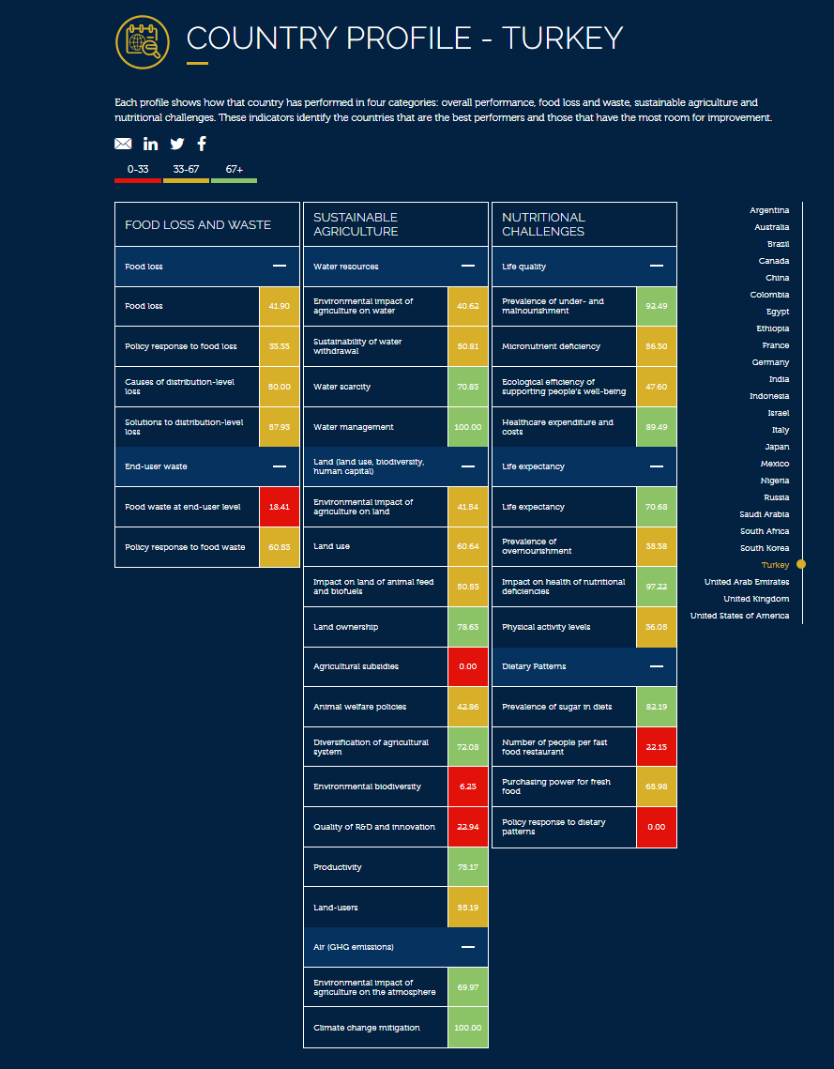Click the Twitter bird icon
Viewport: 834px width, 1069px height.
[177, 144]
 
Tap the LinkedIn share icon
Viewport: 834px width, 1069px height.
[151, 144]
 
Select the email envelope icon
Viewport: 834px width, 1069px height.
[123, 144]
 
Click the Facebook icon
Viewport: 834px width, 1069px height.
[202, 144]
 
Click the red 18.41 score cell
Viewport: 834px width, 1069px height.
[279, 507]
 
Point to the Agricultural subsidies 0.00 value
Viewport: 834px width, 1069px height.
[467, 666]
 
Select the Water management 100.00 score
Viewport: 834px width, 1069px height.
[467, 427]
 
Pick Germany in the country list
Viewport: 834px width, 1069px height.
[770, 362]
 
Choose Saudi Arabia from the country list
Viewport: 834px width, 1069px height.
[765, 514]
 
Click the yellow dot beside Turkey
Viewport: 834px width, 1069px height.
[801, 565]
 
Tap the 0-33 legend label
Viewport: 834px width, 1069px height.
[138, 170]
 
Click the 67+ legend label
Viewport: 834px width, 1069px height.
[234, 170]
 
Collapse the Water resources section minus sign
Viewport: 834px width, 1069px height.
[468, 267]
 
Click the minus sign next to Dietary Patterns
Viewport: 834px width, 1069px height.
[657, 666]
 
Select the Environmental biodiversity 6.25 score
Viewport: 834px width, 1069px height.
[467, 786]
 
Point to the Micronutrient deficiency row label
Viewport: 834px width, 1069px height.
[551, 346]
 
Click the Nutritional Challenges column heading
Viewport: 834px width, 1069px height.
[543, 224]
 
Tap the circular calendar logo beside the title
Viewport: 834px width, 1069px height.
[142, 42]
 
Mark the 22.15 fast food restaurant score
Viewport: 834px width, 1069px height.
[656, 747]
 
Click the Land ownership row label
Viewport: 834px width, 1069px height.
[346, 627]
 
